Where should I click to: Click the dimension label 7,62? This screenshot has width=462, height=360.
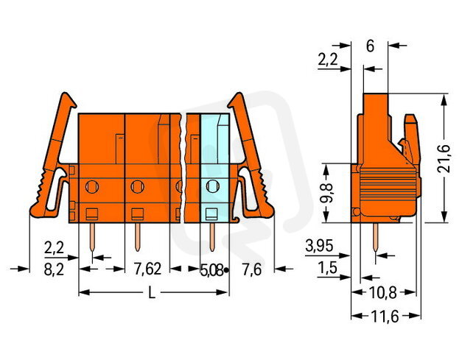coord(147,269)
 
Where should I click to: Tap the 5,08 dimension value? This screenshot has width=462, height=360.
coord(211,270)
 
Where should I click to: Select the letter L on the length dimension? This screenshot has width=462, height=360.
coord(152,293)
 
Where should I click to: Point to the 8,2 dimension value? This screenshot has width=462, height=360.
coord(54,269)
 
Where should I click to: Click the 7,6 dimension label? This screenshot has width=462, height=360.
coord(251,269)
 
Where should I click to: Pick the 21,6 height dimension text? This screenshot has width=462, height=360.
coord(444,158)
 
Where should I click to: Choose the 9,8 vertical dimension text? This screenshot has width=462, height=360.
coord(326,193)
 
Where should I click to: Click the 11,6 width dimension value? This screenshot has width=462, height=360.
coord(385,317)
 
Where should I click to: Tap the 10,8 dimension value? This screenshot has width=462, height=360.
coord(383,293)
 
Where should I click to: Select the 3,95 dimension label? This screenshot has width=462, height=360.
coord(319,246)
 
